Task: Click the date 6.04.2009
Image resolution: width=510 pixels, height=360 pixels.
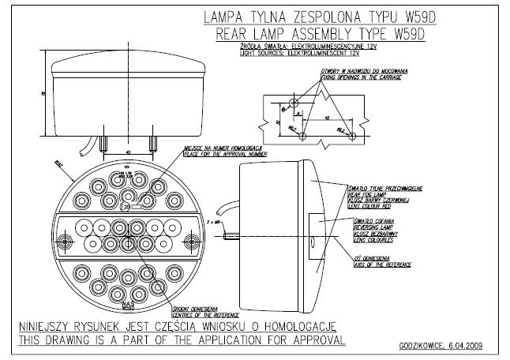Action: (469, 345)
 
